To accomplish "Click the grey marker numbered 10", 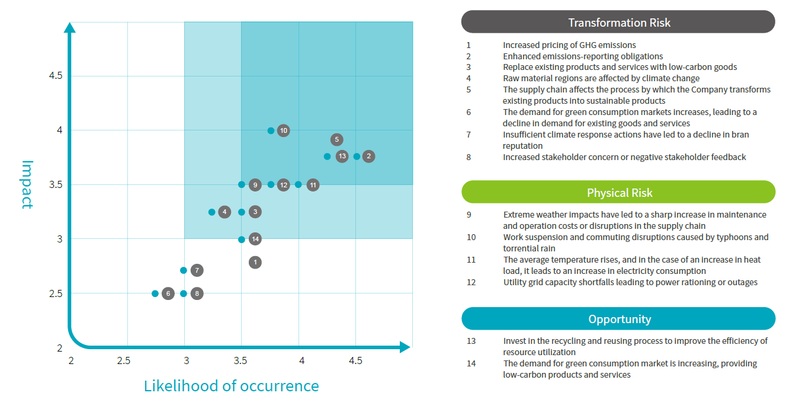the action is pyautogui.click(x=284, y=130).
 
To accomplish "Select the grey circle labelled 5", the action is pyautogui.click(x=336, y=139).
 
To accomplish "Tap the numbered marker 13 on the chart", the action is pyautogui.click(x=342, y=157).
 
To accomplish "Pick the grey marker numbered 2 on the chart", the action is pyautogui.click(x=369, y=157).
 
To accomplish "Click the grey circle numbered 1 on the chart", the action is pyautogui.click(x=255, y=263).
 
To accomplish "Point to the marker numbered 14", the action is pyautogui.click(x=255, y=239).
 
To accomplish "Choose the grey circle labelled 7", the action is pyautogui.click(x=197, y=270).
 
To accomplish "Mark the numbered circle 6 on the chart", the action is pyautogui.click(x=168, y=293).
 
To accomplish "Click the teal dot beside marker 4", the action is pyautogui.click(x=212, y=212).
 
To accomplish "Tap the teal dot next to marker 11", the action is pyautogui.click(x=299, y=184).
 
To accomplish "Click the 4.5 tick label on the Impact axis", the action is pyautogui.click(x=56, y=76).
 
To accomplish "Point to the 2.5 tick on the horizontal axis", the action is pyautogui.click(x=124, y=360).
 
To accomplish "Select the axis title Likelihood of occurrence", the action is pyautogui.click(x=231, y=386).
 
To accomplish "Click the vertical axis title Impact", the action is pyautogui.click(x=27, y=184).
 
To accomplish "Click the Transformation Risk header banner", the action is pyautogui.click(x=618, y=22).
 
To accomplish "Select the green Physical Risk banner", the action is pyautogui.click(x=618, y=192).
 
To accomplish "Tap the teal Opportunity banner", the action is pyautogui.click(x=618, y=319).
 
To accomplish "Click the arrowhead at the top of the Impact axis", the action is pyautogui.click(x=70, y=28).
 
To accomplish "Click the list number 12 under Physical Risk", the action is pyautogui.click(x=471, y=282).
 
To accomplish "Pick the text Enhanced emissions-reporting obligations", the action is pyautogui.click(x=583, y=56).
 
